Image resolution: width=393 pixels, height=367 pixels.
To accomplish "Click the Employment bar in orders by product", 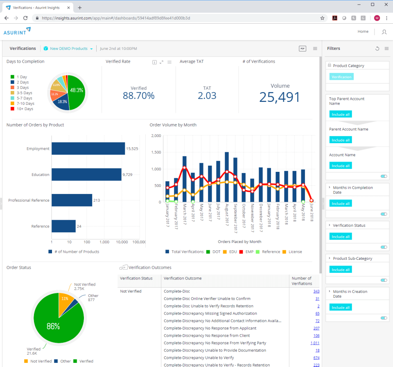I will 88,149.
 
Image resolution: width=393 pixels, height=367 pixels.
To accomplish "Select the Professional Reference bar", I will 72,200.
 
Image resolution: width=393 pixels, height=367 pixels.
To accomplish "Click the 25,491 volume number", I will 280,97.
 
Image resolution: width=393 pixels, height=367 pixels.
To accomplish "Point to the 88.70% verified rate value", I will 138,96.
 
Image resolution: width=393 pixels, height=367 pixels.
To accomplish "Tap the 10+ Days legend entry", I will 25,109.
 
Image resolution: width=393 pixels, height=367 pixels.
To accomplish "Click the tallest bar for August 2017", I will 227,177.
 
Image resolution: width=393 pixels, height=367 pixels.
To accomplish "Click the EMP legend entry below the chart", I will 249,252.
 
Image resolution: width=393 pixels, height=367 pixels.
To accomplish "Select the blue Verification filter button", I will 341,77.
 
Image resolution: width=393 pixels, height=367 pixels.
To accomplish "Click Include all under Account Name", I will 341,166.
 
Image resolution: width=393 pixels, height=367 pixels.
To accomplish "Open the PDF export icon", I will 303,49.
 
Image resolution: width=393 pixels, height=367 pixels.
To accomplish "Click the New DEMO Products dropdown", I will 68,49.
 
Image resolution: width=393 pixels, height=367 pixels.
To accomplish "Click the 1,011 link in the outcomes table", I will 315,343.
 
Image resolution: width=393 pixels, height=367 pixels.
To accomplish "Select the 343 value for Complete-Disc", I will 316,291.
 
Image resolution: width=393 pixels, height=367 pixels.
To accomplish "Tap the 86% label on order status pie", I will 53,326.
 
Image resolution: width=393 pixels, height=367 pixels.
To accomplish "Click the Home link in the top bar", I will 363,32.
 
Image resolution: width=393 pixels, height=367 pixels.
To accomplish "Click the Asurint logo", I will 17,31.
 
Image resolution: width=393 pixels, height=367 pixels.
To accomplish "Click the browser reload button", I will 25,18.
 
